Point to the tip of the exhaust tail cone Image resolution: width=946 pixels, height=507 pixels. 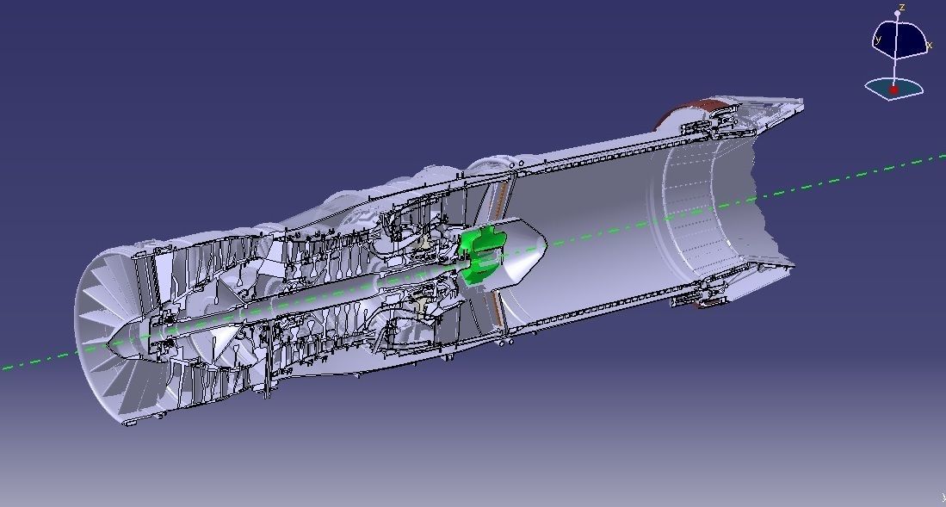pyautogui.click(x=545, y=248)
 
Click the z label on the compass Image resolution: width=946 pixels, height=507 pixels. pyautogui.click(x=901, y=7)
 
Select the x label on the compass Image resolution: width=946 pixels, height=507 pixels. pyautogui.click(x=930, y=45)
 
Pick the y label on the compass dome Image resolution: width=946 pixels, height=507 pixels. pyautogui.click(x=878, y=40)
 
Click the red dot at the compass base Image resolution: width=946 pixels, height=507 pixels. pyautogui.click(x=893, y=90)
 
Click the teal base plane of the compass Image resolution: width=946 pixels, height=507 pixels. pyautogui.click(x=895, y=88)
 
